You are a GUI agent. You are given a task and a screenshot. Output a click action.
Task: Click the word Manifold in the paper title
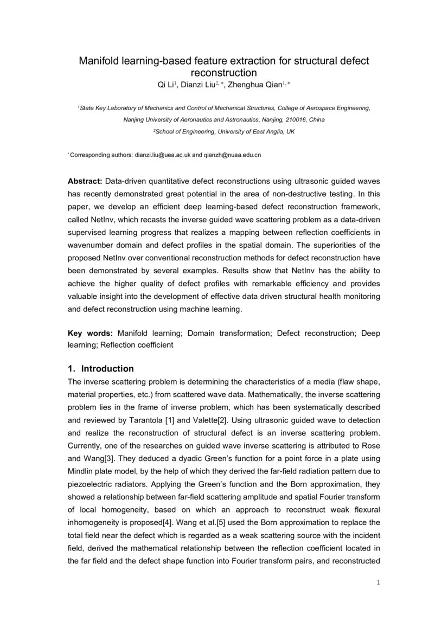(x=99, y=61)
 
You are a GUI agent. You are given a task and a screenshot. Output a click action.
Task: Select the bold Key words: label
(x=90, y=333)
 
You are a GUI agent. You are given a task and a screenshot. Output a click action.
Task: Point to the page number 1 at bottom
(x=378, y=583)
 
